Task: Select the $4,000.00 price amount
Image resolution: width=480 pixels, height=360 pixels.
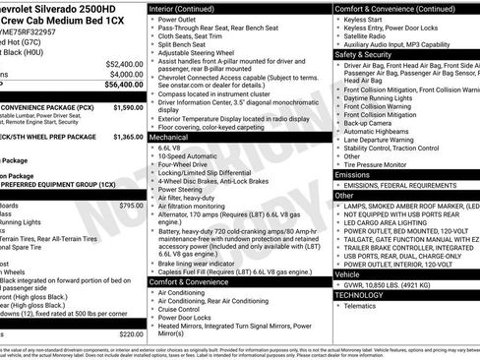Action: click(x=126, y=74)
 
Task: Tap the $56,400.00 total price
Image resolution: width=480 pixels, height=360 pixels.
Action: click(x=124, y=86)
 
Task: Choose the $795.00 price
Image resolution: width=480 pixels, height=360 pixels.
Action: click(x=131, y=205)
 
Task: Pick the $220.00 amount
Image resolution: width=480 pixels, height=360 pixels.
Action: click(x=131, y=334)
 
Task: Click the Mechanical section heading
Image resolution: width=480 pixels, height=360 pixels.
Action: click(x=170, y=139)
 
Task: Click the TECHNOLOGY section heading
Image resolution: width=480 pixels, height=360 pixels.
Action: click(x=358, y=294)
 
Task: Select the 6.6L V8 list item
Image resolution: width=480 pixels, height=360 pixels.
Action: click(x=175, y=149)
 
